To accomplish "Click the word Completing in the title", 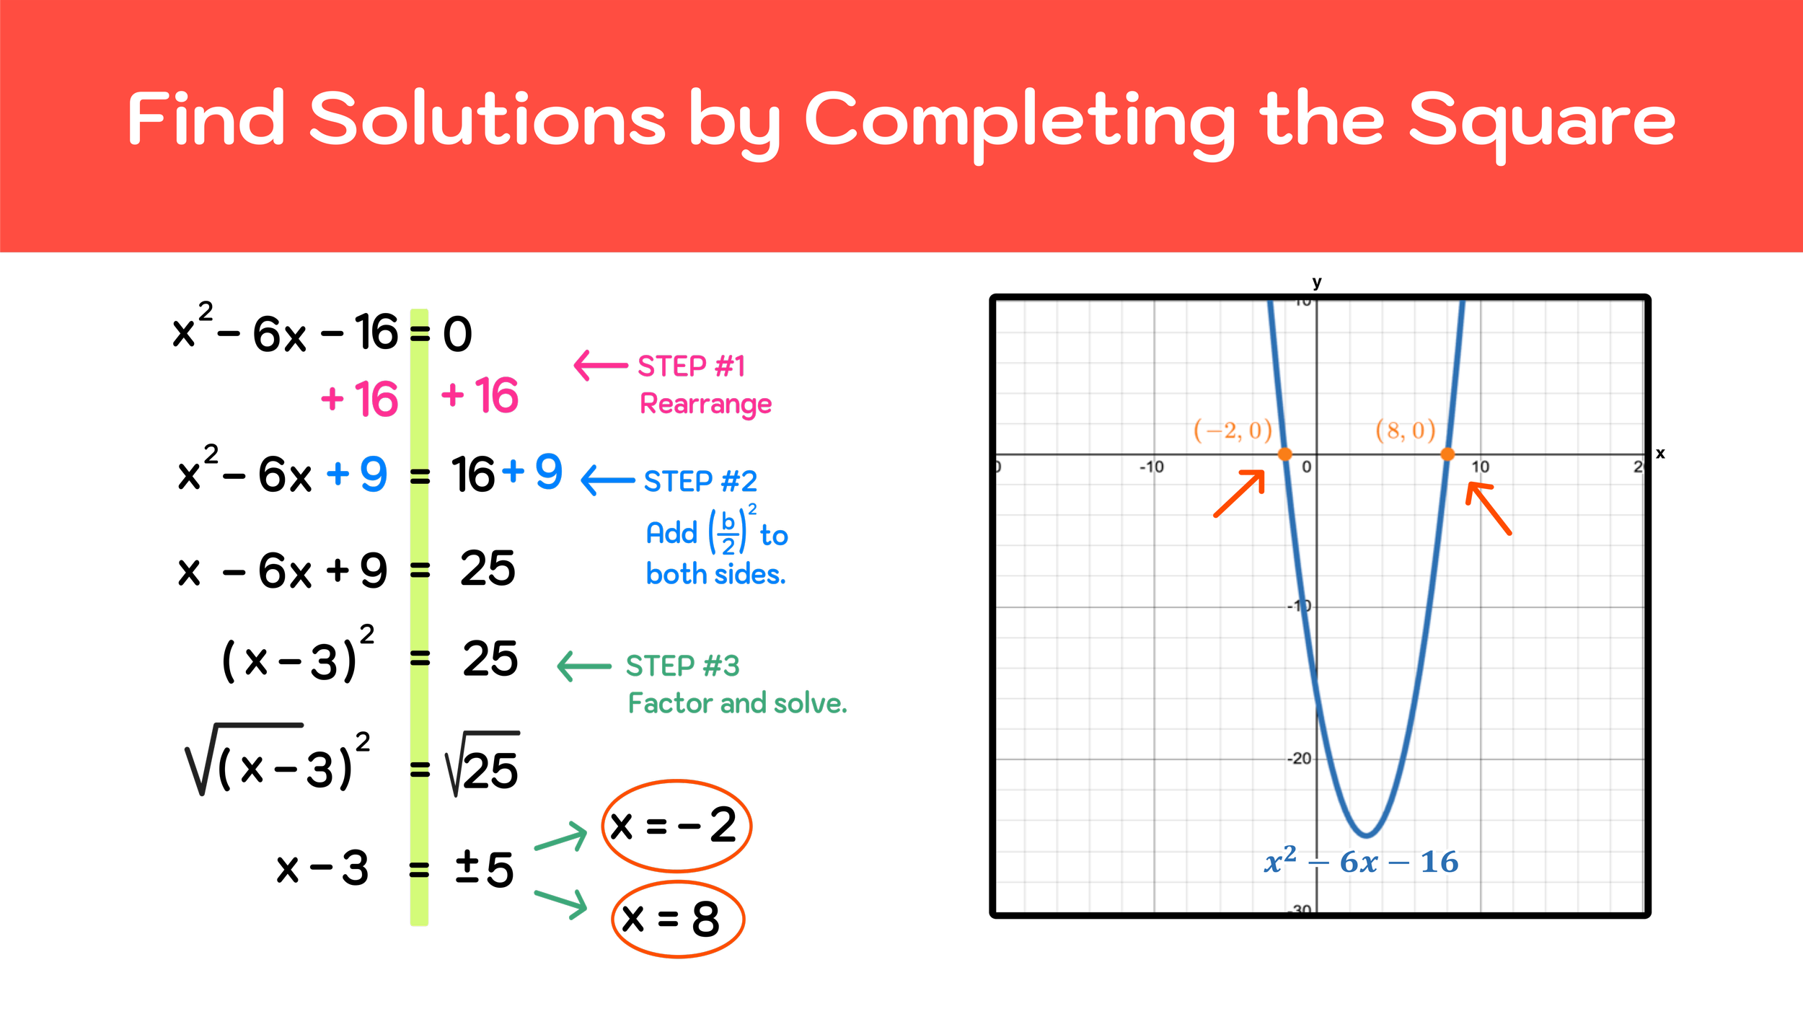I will pyautogui.click(x=1018, y=120).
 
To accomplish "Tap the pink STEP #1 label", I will pyautogui.click(x=691, y=366).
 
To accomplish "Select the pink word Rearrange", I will pyautogui.click(x=705, y=404).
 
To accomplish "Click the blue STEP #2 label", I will pyautogui.click(x=700, y=481).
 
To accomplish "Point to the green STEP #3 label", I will pyautogui.click(x=682, y=666).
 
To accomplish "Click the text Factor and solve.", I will pyautogui.click(x=737, y=703).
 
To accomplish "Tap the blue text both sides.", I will pyautogui.click(x=715, y=574).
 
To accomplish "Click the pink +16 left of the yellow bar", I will pyautogui.click(x=359, y=399).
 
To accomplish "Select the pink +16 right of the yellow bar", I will pyautogui.click(x=480, y=395).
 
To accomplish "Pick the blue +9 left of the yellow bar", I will pyautogui.click(x=357, y=474).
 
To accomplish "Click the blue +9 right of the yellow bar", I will pyautogui.click(x=532, y=472).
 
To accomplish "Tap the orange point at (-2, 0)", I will pyautogui.click(x=1284, y=454).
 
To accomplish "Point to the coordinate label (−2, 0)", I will pyautogui.click(x=1233, y=431).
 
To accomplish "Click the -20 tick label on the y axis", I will pyautogui.click(x=1299, y=759).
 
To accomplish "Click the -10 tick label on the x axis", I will pyautogui.click(x=1151, y=467).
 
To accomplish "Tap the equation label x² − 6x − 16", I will pyautogui.click(x=1361, y=862).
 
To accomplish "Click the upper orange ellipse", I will pyautogui.click(x=676, y=826).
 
